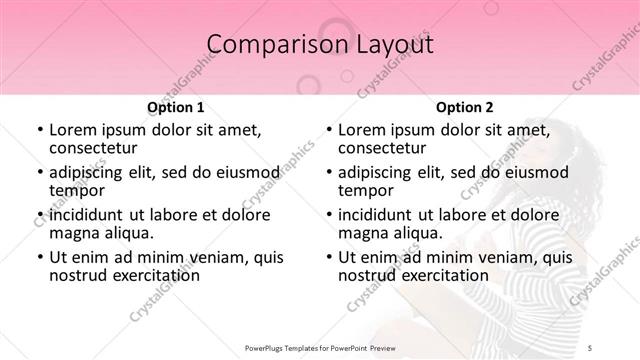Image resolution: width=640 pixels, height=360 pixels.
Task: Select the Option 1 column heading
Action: pos(176,107)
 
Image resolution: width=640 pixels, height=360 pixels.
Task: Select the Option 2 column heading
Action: pos(464,107)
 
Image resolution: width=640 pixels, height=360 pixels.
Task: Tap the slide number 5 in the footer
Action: pos(591,347)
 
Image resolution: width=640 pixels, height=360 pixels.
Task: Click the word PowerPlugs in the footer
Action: pos(266,347)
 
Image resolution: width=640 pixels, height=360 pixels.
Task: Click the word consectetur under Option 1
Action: pos(95,148)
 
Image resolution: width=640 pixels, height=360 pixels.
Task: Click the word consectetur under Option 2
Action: pos(383,148)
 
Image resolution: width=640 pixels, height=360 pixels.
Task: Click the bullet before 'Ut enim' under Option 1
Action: pos(39,258)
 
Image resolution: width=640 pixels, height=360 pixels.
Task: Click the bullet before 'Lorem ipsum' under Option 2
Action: pos(327,130)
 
